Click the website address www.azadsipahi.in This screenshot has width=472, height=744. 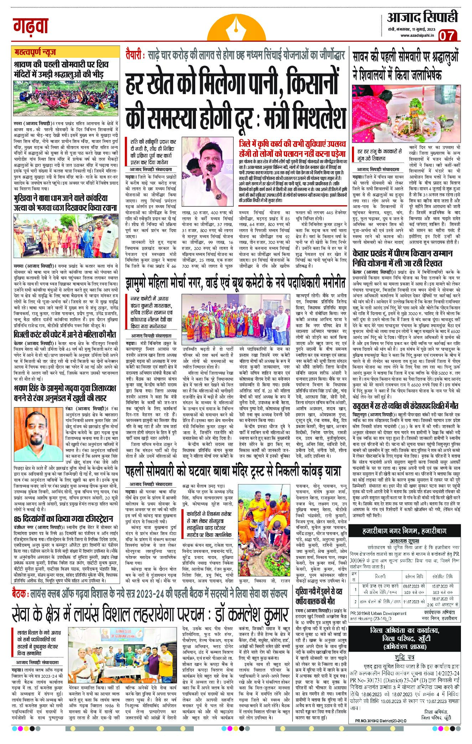tap(416, 35)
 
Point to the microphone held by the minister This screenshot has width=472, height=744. tap(209, 184)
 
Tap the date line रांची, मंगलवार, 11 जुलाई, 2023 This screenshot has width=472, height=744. tap(416, 29)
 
